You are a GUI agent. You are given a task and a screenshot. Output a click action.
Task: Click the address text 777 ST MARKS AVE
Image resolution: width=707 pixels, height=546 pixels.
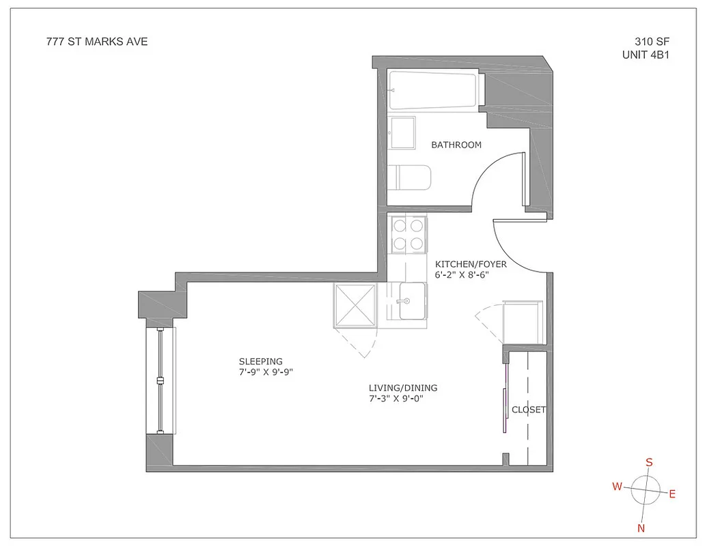coord(96,42)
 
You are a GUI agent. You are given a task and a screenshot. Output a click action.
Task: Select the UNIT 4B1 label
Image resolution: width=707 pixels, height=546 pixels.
coord(644,55)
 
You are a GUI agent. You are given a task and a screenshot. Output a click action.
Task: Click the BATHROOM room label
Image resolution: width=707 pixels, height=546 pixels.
coord(456,145)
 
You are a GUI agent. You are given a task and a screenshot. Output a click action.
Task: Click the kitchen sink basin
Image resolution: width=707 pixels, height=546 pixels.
coord(412,302)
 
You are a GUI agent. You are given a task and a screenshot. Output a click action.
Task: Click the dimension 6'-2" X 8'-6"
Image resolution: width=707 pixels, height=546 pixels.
coord(471,276)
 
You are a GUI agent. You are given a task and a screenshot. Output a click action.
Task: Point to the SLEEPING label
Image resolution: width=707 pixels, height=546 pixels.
coord(260,361)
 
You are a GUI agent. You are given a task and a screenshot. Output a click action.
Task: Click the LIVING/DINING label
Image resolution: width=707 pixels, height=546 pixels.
coord(402,388)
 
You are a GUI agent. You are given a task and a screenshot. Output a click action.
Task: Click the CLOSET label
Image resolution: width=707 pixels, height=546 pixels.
coord(529,409)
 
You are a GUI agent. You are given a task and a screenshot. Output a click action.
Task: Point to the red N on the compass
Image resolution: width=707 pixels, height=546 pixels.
coord(641,528)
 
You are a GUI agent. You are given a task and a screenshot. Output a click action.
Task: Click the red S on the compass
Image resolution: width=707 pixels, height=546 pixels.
coord(649,462)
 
